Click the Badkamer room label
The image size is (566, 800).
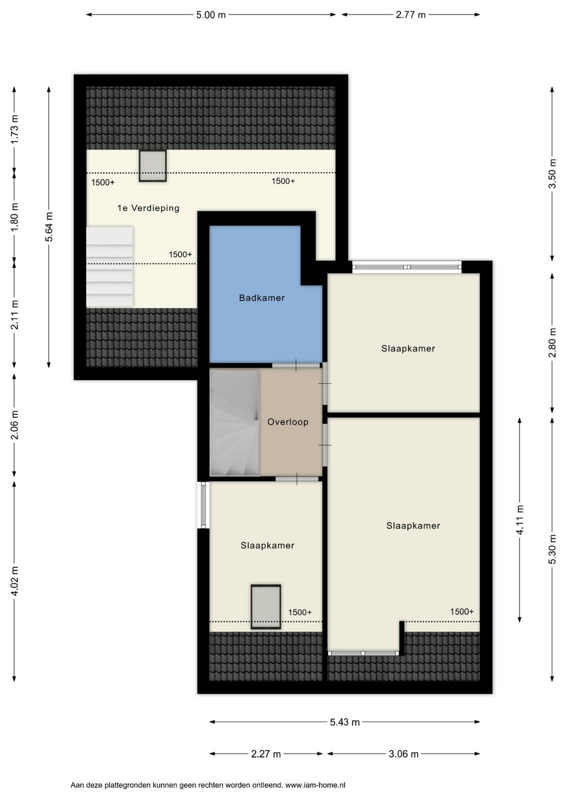[x=262, y=298]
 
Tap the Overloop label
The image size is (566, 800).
[x=288, y=422]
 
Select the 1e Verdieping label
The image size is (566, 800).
[x=148, y=208]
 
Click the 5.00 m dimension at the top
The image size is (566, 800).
[x=210, y=14]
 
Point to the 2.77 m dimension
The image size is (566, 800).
[x=410, y=14]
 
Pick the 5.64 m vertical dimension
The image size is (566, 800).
[x=49, y=227]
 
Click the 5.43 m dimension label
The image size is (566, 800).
[x=344, y=722]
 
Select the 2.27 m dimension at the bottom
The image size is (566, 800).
[x=265, y=754]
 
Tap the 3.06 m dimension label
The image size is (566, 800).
[x=403, y=754]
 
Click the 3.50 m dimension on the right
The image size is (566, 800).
[x=552, y=173]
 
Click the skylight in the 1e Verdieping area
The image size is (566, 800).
[x=153, y=165]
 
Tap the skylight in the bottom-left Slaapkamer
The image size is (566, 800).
[x=265, y=606]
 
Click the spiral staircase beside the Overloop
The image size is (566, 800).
[x=234, y=423]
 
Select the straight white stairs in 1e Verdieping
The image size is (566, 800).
[x=109, y=266]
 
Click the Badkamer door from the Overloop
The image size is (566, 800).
[x=296, y=365]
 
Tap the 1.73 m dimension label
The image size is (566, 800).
[x=14, y=129]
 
